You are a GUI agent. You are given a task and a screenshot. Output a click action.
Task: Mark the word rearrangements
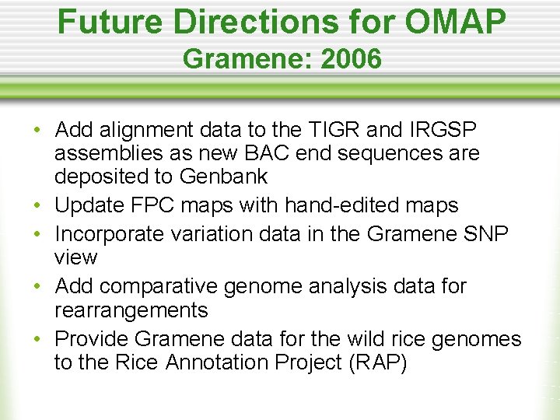pyautogui.click(x=131, y=310)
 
